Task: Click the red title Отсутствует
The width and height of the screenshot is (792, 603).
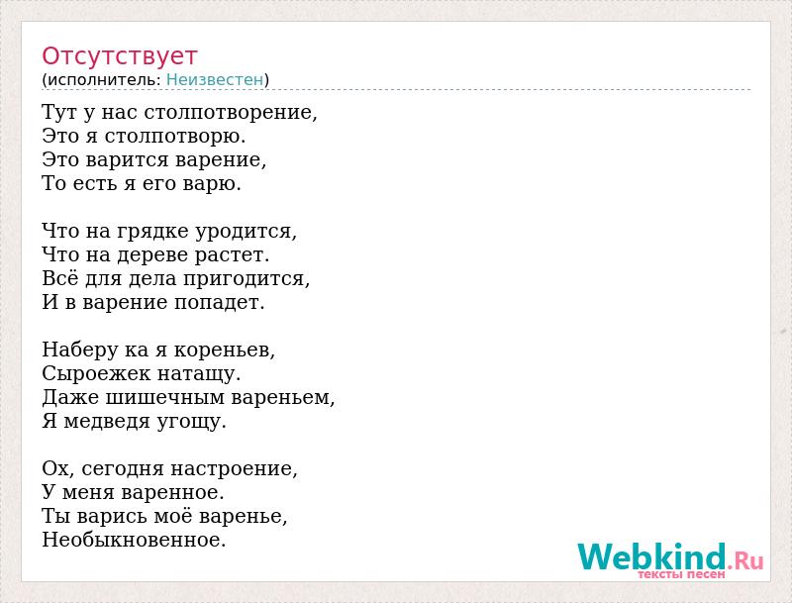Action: pos(119,56)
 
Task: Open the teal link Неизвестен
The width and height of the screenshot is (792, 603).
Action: pos(215,80)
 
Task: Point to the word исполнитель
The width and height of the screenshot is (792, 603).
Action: pos(104,80)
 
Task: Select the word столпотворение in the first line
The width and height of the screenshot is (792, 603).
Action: pos(231,112)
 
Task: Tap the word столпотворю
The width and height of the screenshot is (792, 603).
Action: pos(175,136)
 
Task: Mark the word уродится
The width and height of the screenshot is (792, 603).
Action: pos(246,232)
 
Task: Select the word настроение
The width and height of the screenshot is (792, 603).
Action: pos(234,469)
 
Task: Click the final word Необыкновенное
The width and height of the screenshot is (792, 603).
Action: pos(134,540)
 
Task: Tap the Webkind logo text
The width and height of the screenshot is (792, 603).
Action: pos(670,556)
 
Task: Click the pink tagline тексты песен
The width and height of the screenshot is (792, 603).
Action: pos(681,574)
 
